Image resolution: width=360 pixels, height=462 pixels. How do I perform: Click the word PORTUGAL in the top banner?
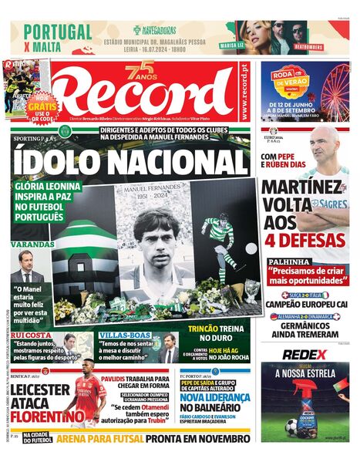[58, 32]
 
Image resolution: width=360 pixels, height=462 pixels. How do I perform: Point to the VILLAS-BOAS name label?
[123, 336]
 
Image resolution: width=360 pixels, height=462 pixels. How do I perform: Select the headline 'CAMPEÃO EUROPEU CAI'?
[304, 305]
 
